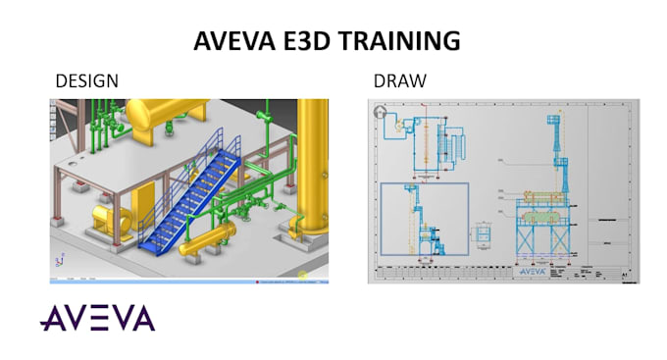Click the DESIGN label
87,80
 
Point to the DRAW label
399,80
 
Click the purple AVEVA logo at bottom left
97,318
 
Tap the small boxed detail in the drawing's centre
484,236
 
